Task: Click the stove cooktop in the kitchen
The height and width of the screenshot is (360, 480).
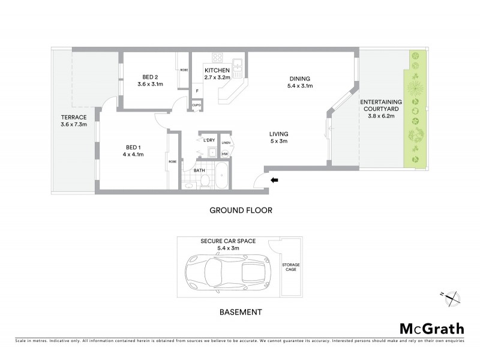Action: tap(217, 59)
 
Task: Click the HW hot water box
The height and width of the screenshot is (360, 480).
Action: tap(224, 154)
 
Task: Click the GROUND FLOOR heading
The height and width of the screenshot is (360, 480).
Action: tap(241, 211)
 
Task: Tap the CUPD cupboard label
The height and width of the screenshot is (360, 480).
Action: tap(196, 104)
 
